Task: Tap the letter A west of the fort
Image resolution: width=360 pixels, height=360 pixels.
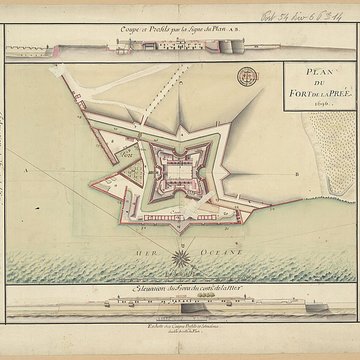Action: click(x=46, y=171)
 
